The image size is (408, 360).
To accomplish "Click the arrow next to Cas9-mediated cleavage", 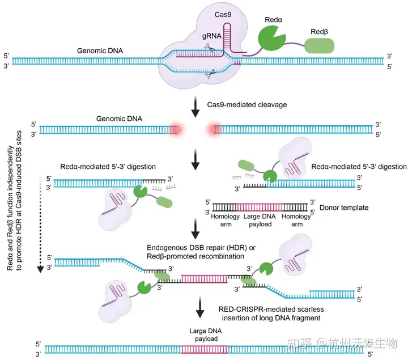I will pos(196,107).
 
